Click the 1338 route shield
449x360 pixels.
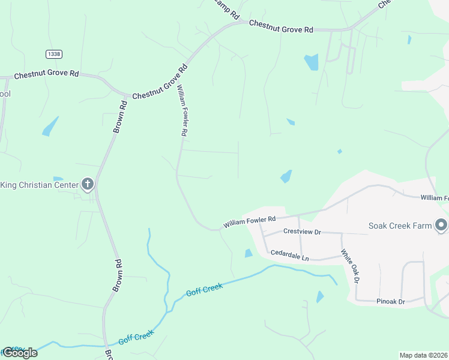(x=53, y=54)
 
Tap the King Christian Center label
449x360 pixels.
(x=40, y=185)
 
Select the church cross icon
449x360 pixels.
(x=87, y=184)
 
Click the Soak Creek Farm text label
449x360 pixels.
(x=400, y=226)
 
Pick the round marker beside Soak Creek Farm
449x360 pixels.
(x=441, y=225)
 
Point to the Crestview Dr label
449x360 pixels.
(x=303, y=232)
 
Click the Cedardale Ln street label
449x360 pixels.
(x=289, y=256)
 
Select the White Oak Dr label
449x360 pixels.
(x=350, y=266)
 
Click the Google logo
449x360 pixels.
(x=20, y=352)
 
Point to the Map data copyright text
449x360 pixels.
(x=424, y=355)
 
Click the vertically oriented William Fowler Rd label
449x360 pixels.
(x=182, y=110)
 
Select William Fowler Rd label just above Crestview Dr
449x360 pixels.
(x=250, y=222)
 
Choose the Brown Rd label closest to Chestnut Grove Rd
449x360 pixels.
(x=120, y=116)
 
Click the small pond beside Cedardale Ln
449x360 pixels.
(x=249, y=253)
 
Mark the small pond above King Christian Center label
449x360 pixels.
(x=58, y=178)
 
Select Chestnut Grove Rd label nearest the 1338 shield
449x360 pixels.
(x=47, y=74)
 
